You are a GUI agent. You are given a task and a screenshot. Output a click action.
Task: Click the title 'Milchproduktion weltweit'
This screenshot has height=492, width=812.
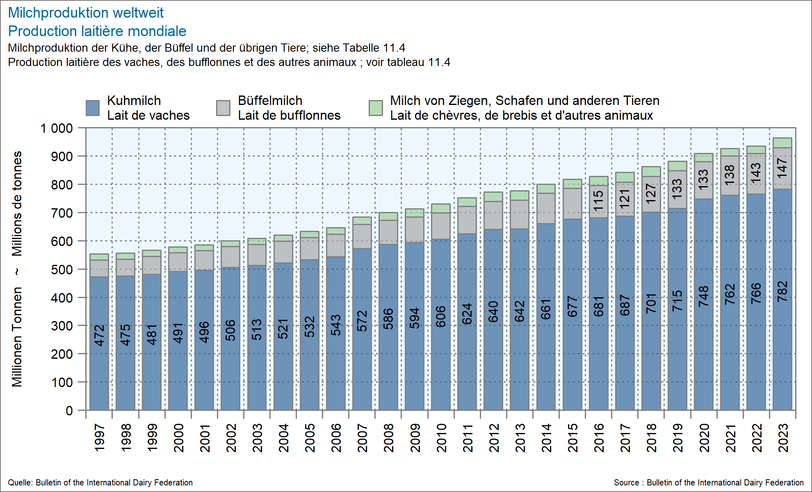tap(86, 13)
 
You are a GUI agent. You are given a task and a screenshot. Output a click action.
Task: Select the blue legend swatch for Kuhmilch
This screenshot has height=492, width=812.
tap(93, 108)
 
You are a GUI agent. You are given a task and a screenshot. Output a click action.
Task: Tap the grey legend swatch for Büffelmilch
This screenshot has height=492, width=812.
tap(223, 108)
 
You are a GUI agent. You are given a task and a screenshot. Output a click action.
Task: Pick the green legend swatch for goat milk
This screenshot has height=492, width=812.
tap(376, 108)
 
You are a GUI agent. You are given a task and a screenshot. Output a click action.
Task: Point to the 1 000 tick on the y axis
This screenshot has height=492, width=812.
tap(57, 128)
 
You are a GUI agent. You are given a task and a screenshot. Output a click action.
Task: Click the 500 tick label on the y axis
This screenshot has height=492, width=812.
tap(62, 270)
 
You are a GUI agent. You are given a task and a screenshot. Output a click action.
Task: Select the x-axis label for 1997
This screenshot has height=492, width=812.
tap(100, 438)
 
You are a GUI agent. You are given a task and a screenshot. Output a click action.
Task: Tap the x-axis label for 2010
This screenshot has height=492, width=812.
tap(441, 438)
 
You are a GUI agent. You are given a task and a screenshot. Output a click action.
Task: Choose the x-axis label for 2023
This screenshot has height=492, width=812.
tap(783, 438)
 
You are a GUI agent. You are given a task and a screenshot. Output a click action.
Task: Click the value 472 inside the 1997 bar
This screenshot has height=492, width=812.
tap(100, 335)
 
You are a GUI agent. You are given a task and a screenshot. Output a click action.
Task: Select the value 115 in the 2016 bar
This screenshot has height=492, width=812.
tap(599, 201)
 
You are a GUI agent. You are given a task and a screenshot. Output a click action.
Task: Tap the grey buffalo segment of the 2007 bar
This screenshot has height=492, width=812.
tap(362, 237)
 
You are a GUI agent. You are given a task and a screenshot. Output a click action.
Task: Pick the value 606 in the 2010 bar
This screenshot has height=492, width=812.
tap(441, 317)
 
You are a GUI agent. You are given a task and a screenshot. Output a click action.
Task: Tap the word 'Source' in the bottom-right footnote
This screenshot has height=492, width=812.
tap(626, 483)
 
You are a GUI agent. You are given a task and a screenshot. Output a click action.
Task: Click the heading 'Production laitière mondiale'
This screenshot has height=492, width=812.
tap(97, 31)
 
